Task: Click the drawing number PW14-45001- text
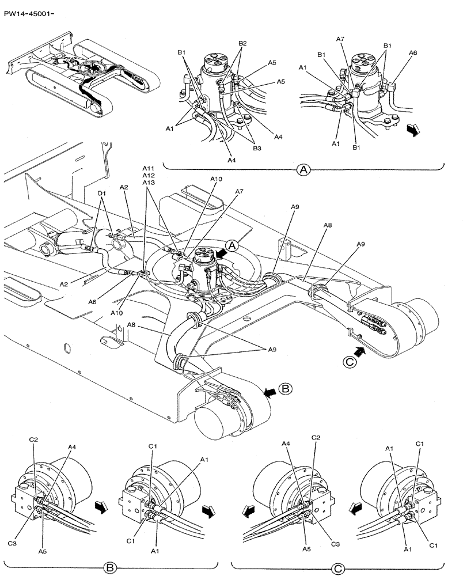[30, 9]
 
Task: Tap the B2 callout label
[242, 43]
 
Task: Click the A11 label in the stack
[149, 168]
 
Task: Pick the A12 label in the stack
[149, 175]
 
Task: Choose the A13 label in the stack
[149, 181]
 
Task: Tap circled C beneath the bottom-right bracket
[339, 569]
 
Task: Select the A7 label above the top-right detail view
[340, 39]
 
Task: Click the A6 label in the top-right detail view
[412, 52]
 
